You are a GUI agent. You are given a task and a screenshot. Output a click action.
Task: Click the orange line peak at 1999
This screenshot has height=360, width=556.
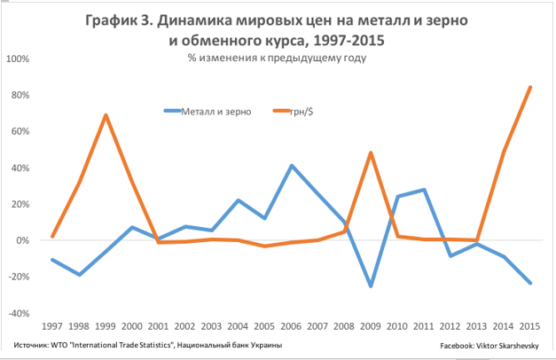[x=106, y=114]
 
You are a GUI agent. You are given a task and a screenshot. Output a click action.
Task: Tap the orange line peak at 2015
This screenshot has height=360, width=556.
[x=530, y=87]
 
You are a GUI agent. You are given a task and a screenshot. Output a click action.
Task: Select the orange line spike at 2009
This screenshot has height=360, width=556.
[x=370, y=153]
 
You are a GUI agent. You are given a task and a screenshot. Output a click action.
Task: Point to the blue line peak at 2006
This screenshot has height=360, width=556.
[x=293, y=166]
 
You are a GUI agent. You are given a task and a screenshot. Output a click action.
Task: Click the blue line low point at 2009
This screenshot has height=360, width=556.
[x=370, y=286]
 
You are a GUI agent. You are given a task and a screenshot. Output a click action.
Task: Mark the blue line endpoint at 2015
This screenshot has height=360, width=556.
[x=530, y=283]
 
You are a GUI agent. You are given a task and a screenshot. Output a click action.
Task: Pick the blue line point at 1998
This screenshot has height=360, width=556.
[x=80, y=275]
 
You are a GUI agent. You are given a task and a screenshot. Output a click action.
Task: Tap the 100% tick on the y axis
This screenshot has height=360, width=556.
[x=18, y=59]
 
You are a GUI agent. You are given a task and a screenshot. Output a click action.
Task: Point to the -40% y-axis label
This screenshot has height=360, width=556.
[x=18, y=313]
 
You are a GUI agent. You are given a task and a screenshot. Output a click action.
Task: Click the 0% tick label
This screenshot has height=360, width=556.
[x=22, y=240]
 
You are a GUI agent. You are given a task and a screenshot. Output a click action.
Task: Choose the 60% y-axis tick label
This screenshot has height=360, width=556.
[x=20, y=131]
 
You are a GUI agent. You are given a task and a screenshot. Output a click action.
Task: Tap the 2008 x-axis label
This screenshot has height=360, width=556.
[x=345, y=326]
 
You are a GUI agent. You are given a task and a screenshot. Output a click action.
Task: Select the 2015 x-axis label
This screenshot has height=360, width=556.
[x=530, y=326]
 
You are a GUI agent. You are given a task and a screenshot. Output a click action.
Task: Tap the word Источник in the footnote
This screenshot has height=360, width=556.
[x=34, y=343]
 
